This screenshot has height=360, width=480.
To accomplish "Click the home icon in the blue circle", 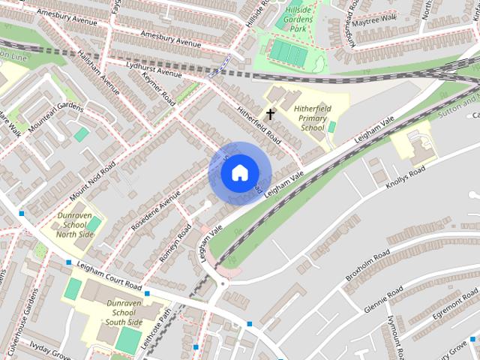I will (x=238, y=172).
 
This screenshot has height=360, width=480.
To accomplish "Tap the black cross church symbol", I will (x=270, y=114).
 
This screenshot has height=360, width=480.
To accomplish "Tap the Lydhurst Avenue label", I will (x=154, y=70).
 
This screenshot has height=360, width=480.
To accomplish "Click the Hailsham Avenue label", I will (x=100, y=80).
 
